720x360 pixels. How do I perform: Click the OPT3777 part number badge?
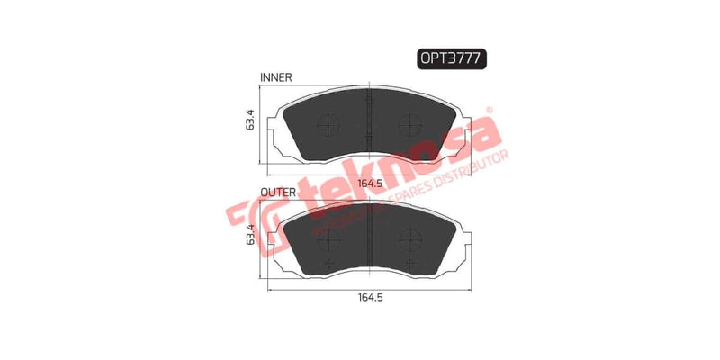pos(451,58)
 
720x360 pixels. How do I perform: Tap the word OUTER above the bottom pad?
pos(275,193)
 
